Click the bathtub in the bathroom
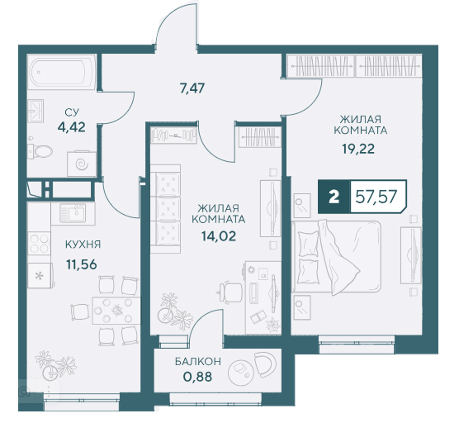click(x=61, y=72)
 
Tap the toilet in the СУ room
click(x=40, y=151)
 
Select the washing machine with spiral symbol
click(x=82, y=164)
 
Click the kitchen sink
click(x=73, y=213)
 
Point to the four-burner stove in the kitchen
click(x=39, y=244)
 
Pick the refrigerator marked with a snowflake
click(x=40, y=275)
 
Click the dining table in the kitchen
click(x=116, y=311)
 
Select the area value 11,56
click(x=82, y=265)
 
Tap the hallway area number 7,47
click(x=192, y=88)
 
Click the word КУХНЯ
click(x=83, y=245)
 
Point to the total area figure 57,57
click(x=376, y=197)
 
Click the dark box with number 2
click(x=334, y=197)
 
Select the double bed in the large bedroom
click(x=337, y=257)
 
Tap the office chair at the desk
click(x=229, y=291)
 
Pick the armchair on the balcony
click(x=265, y=364)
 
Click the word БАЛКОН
click(x=198, y=362)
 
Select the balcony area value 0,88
click(x=197, y=377)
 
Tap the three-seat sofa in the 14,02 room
click(x=165, y=209)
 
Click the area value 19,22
click(x=358, y=149)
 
